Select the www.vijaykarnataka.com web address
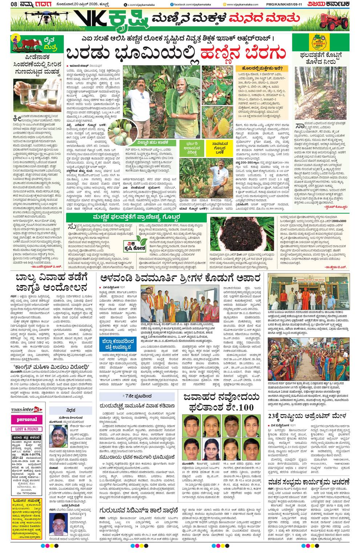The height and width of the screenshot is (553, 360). (x=242, y=4)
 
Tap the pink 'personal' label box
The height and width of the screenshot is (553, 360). (x=27, y=419)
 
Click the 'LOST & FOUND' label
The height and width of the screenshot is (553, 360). (x=27, y=429)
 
